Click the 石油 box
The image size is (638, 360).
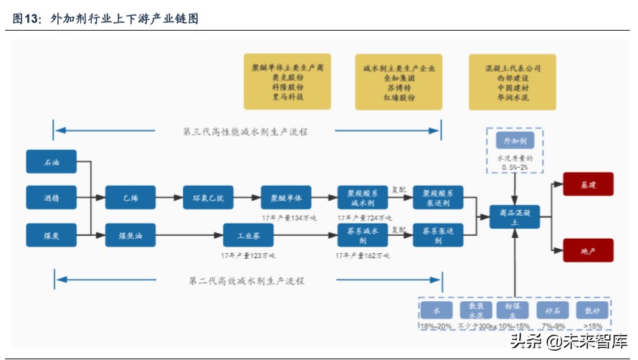tap(51, 162)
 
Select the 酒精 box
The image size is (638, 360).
tap(51, 197)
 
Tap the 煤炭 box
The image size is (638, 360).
tap(51, 235)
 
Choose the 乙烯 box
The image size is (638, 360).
tap(130, 197)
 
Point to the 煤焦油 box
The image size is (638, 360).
tap(130, 235)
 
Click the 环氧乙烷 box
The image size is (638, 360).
tap(209, 197)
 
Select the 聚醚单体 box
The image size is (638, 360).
tap(286, 197)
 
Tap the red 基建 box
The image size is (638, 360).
tap(588, 184)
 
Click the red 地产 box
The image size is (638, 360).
tap(588, 250)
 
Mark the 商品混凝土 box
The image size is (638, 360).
tap(515, 217)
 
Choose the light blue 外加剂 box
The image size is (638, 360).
tap(515, 141)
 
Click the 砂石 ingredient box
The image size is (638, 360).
tap(548, 310)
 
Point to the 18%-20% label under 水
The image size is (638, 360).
tap(437, 326)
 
